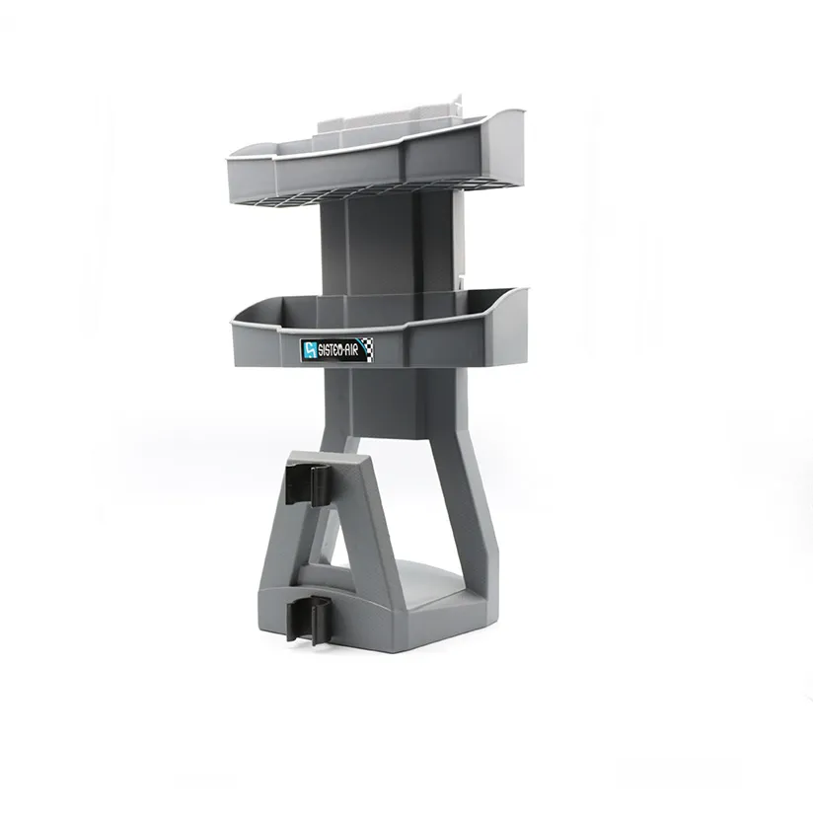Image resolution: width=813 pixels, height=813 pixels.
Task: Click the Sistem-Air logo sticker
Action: click(336, 348)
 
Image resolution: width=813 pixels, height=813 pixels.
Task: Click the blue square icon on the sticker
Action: click(309, 349)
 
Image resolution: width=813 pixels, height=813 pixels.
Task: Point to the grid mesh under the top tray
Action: click(326, 185)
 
